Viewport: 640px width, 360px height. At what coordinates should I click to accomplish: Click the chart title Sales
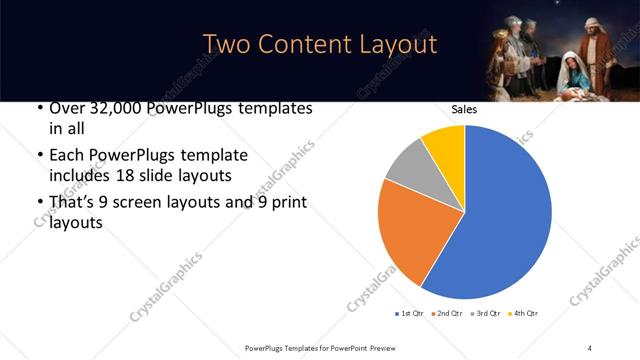[465, 109]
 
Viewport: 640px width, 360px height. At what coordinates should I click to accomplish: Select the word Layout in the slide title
[396, 45]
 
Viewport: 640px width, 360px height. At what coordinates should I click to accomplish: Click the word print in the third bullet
[288, 202]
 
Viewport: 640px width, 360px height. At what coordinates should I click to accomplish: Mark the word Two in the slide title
[226, 45]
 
